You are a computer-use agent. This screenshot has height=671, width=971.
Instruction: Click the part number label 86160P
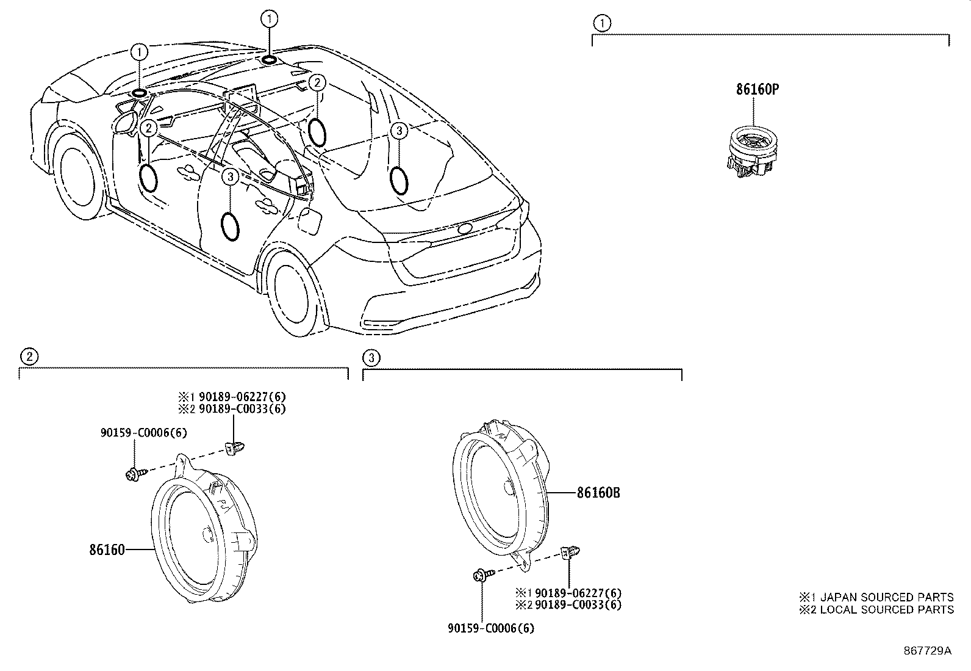(x=756, y=90)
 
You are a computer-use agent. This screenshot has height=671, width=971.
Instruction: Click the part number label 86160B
(x=598, y=493)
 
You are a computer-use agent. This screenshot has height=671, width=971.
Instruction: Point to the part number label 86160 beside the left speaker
(x=107, y=549)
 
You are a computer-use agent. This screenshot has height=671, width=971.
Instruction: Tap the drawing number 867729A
(x=927, y=651)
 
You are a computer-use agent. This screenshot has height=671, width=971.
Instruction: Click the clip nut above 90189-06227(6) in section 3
(x=570, y=553)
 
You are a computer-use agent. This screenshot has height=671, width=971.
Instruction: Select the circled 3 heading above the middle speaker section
(x=371, y=357)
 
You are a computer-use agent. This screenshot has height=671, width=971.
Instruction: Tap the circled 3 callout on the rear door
(x=229, y=177)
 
